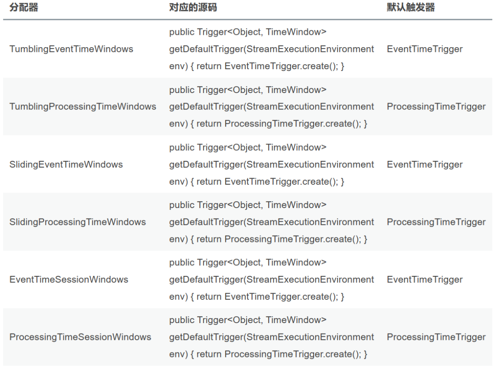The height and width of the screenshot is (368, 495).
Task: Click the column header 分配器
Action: click(24, 8)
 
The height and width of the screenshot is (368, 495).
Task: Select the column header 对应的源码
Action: click(193, 8)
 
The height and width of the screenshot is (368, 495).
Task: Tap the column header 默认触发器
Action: click(411, 8)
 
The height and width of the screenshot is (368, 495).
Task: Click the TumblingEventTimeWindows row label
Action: click(71, 49)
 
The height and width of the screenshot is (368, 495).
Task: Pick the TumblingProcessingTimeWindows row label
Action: click(82, 107)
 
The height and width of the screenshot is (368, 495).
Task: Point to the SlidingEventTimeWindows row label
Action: click(66, 165)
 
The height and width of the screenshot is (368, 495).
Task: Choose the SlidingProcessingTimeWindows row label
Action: click(77, 222)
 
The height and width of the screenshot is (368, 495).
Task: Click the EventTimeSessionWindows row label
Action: click(69, 280)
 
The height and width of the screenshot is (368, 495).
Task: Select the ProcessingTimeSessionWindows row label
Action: click(80, 337)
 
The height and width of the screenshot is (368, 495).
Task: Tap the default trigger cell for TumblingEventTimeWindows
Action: click(424, 49)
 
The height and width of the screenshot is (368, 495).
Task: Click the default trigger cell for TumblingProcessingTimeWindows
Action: click(436, 107)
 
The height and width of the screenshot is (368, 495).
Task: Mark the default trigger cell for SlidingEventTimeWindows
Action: click(424, 165)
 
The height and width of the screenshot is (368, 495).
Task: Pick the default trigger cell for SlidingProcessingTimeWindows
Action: click(436, 222)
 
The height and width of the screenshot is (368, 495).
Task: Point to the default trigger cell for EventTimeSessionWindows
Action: click(424, 280)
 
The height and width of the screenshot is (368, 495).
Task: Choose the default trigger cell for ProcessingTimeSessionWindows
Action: click(436, 337)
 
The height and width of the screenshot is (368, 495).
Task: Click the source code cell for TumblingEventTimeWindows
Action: click(271, 49)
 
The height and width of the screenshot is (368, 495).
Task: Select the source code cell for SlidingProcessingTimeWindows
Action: click(271, 222)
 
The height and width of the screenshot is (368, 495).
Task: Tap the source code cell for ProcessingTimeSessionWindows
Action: click(271, 337)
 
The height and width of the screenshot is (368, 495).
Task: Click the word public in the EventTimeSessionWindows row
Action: click(181, 263)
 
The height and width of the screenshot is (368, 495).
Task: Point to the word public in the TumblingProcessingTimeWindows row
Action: click(181, 90)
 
